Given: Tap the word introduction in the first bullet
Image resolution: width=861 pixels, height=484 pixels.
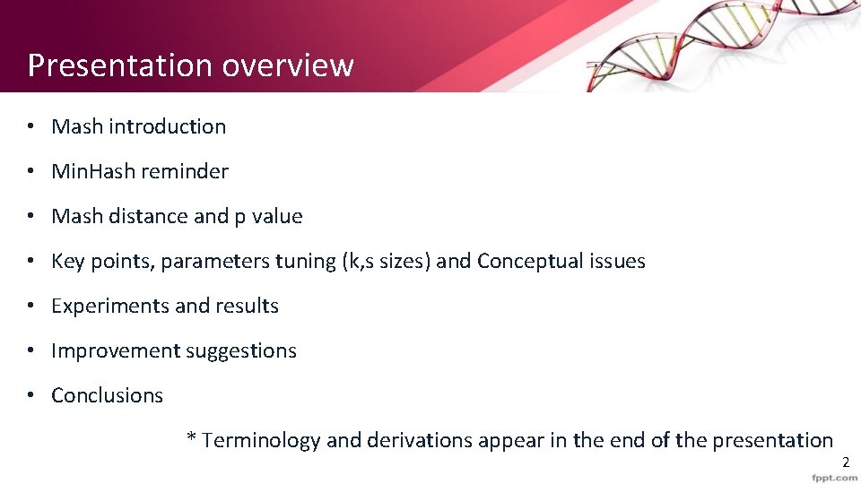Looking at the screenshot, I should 167,126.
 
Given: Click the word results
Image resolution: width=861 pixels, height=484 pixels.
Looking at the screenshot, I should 247,306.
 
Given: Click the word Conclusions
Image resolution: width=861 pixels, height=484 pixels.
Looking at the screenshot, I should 108,395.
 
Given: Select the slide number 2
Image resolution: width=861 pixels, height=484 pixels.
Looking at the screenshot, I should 845,462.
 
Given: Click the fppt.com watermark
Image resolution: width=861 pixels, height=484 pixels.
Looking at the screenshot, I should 834,478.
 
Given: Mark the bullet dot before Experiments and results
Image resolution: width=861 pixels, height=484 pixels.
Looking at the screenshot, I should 30,306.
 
